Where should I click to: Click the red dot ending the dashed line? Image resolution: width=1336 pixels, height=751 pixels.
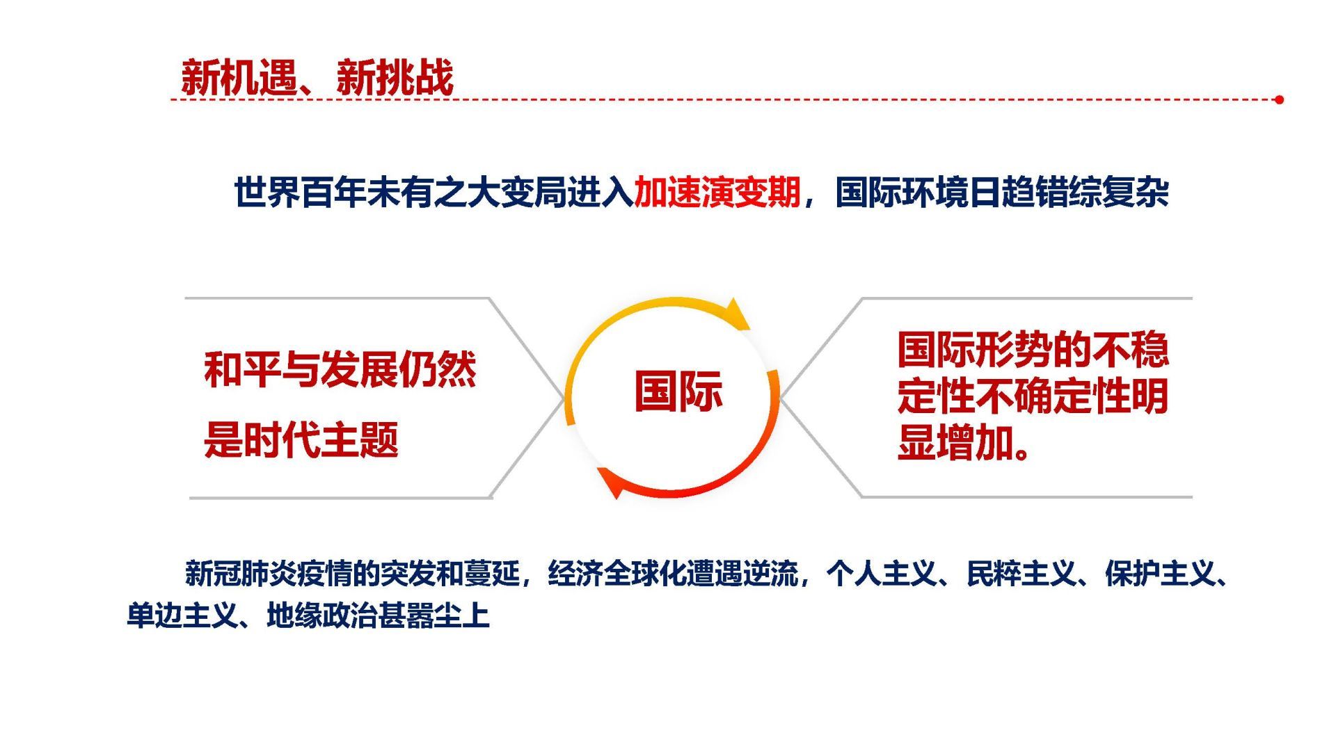click(1279, 99)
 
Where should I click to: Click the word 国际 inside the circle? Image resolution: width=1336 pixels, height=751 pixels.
click(678, 391)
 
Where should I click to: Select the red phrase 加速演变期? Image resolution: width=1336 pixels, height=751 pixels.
click(717, 192)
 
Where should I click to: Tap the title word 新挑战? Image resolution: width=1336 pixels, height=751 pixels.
click(395, 77)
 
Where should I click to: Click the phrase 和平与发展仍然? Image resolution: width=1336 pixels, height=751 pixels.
click(340, 369)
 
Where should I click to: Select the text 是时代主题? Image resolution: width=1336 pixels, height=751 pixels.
click(301, 439)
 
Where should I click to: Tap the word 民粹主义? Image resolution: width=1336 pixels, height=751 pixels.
click(1021, 574)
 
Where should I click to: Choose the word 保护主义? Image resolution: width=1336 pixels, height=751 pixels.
click(1160, 574)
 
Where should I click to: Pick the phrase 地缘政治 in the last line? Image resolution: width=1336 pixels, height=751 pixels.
click(322, 615)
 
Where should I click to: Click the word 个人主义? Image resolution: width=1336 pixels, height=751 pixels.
click(882, 574)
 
